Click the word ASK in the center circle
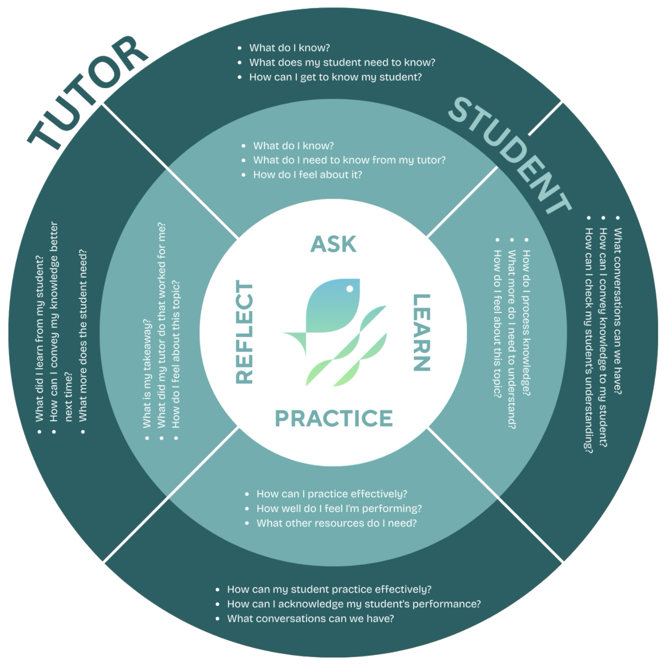(x=333, y=244)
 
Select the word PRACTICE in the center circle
(x=334, y=418)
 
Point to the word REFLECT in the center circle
(x=245, y=333)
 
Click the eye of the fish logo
(x=350, y=289)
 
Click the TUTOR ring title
(x=88, y=92)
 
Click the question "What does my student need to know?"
(x=342, y=62)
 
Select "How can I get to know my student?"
(x=335, y=77)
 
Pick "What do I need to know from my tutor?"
(x=349, y=160)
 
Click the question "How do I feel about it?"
(x=307, y=174)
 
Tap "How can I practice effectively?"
(x=332, y=494)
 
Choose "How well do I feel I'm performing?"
(x=339, y=509)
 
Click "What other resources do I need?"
(x=336, y=523)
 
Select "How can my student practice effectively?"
(x=329, y=589)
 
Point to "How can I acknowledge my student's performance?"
(x=354, y=604)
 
